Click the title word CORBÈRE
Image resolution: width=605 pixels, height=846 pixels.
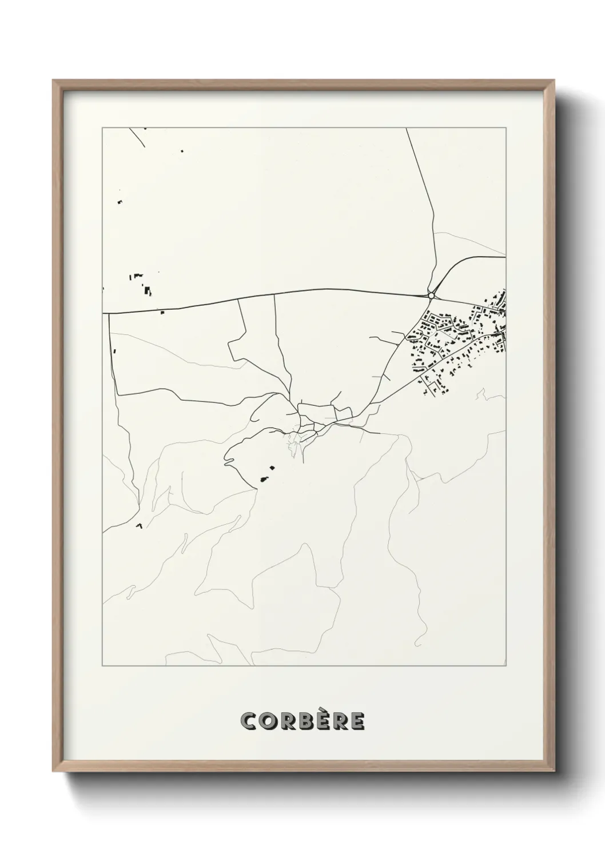[302, 721]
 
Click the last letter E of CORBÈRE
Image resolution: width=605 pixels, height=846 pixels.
[357, 721]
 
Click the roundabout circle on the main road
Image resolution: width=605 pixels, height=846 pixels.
[431, 295]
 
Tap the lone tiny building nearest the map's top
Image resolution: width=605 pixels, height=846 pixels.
[182, 151]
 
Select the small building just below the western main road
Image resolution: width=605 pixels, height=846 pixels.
[162, 312]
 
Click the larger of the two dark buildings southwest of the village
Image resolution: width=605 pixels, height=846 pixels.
[264, 480]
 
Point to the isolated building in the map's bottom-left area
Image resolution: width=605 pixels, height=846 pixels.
[138, 525]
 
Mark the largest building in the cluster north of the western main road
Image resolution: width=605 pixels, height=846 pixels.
[148, 291]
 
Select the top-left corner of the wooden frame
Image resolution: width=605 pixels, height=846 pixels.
[53, 81]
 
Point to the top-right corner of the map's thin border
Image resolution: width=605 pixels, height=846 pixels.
[506, 128]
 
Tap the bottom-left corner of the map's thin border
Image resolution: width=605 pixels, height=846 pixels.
[102, 666]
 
